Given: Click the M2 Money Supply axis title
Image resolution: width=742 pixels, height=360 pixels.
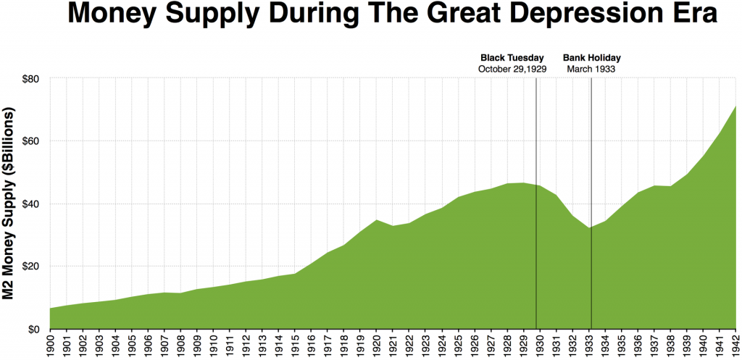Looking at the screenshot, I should pyautogui.click(x=10, y=203).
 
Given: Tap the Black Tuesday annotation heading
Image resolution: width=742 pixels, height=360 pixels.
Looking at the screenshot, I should pyautogui.click(x=512, y=58).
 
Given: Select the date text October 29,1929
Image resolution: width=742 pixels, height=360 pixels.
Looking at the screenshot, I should pyautogui.click(x=512, y=69).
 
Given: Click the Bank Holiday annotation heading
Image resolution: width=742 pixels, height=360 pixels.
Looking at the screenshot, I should pyautogui.click(x=592, y=58).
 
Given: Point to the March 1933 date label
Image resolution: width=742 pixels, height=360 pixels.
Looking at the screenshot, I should pyautogui.click(x=592, y=69).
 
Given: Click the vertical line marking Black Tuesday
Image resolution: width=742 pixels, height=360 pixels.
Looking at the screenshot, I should pyautogui.click(x=536, y=217).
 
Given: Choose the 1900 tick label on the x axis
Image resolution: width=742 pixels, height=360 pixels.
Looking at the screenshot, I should pyautogui.click(x=50, y=345).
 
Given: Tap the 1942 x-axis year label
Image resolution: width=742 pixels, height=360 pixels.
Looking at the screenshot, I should pyautogui.click(x=735, y=345).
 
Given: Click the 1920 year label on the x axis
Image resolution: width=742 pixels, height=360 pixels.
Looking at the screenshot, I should pyautogui.click(x=376, y=345).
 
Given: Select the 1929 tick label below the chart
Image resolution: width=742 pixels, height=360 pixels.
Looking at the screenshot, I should pyautogui.click(x=523, y=345).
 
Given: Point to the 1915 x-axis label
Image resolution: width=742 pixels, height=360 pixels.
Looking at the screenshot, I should pyautogui.click(x=295, y=345).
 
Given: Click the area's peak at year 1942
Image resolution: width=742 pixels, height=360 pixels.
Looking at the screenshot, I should pyautogui.click(x=735, y=107).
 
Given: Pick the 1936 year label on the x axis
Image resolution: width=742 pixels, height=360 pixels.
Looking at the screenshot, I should pyautogui.click(x=637, y=345).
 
